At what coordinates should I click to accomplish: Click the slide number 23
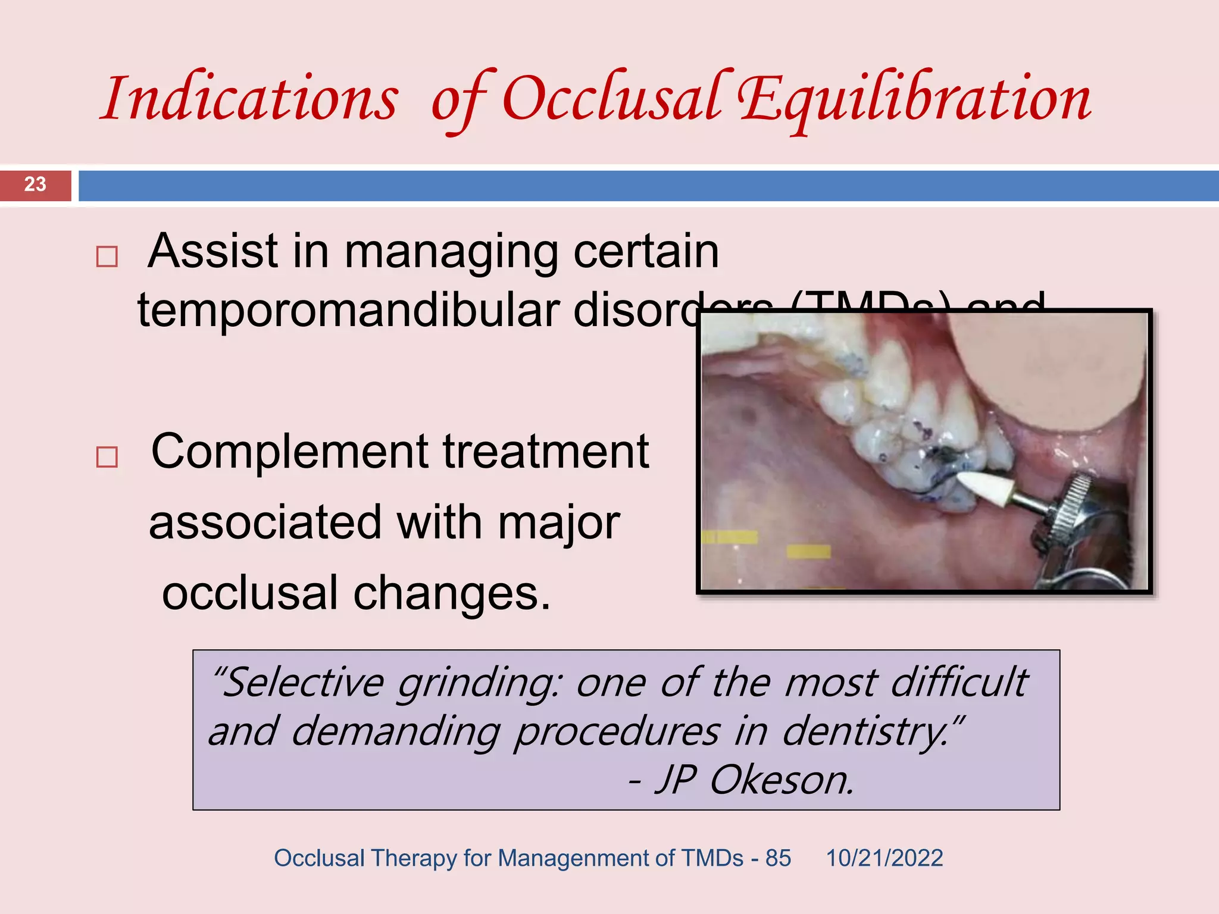[x=35, y=184]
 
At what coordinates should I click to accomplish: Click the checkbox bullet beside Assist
[x=107, y=257]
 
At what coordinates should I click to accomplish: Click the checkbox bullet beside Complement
[x=107, y=457]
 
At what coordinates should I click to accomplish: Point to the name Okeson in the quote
[x=781, y=780]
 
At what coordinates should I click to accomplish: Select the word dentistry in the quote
[x=866, y=732]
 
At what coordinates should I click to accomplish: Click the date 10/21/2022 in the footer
[x=884, y=859]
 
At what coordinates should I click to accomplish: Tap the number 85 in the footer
[x=778, y=859]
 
